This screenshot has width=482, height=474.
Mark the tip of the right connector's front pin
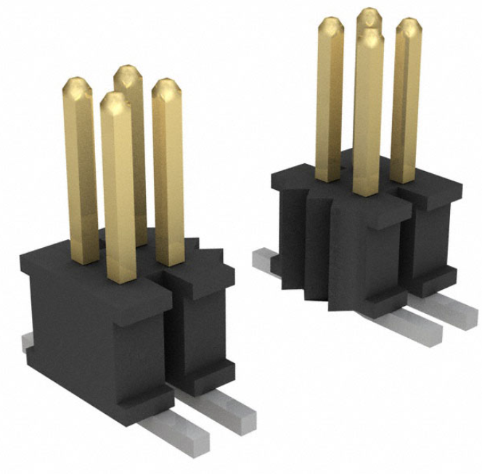click(x=369, y=38)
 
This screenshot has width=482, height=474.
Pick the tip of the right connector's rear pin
click(x=369, y=16)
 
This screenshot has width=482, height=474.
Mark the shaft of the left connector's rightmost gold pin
click(x=168, y=181)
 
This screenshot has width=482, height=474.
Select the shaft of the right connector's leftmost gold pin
click(x=330, y=109)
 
